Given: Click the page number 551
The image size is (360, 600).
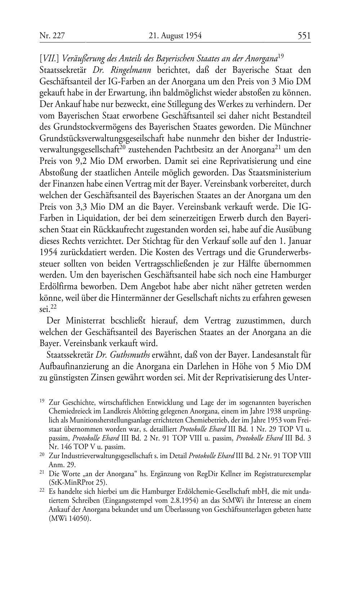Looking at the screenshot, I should [x=304, y=36].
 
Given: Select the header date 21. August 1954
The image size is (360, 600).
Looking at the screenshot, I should [x=175, y=36].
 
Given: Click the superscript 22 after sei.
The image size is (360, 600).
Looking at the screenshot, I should [x=53, y=307].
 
